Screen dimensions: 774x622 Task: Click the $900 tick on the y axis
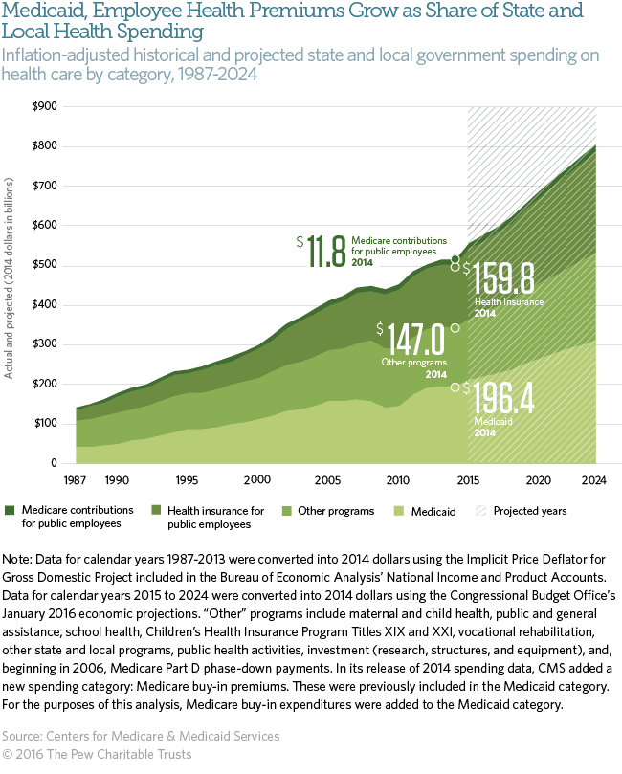(x=44, y=105)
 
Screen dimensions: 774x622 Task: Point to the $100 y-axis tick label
(x=44, y=423)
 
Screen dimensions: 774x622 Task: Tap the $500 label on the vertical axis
(x=44, y=264)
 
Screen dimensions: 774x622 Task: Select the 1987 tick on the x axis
(x=77, y=479)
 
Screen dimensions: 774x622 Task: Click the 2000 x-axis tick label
(x=257, y=479)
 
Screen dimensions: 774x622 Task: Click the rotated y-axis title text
(x=10, y=277)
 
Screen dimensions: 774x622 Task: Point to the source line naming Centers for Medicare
(x=142, y=736)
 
